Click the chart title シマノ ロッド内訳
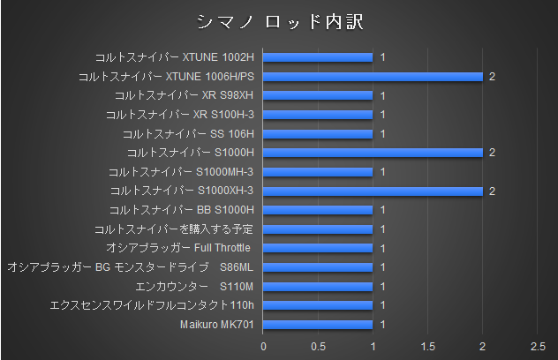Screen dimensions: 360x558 [x=278, y=20]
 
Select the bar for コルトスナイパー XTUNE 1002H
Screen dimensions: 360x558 [x=318, y=57]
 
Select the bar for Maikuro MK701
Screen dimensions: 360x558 [x=318, y=324]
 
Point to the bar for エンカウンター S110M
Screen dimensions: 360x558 [x=318, y=286]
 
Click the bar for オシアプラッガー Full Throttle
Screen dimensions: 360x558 [x=318, y=248]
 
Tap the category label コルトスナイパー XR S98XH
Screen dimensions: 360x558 [x=184, y=95]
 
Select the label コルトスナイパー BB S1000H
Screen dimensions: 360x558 [x=181, y=210]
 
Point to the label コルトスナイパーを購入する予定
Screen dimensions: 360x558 [x=173, y=229]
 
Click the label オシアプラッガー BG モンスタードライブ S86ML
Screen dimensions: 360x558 [x=130, y=267]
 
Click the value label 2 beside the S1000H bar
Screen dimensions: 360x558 [x=492, y=153]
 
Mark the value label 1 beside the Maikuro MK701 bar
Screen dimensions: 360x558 [x=382, y=324]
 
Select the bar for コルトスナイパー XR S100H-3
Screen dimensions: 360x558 [x=318, y=115]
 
